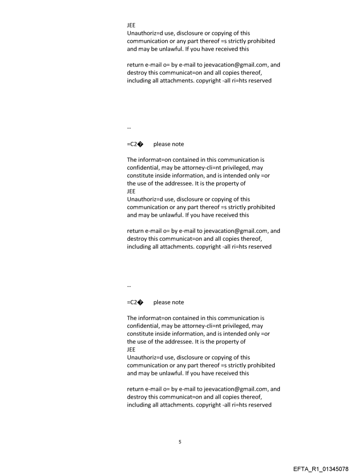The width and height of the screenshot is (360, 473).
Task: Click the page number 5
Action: [x=180, y=442]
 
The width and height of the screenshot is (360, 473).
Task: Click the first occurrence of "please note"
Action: [x=169, y=144]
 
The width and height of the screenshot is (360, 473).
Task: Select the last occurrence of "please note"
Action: [x=169, y=302]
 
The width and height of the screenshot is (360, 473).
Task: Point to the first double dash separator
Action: [x=129, y=128]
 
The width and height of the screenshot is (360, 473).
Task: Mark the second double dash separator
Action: [x=129, y=287]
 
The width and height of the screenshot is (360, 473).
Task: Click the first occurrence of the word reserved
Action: [x=259, y=81]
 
